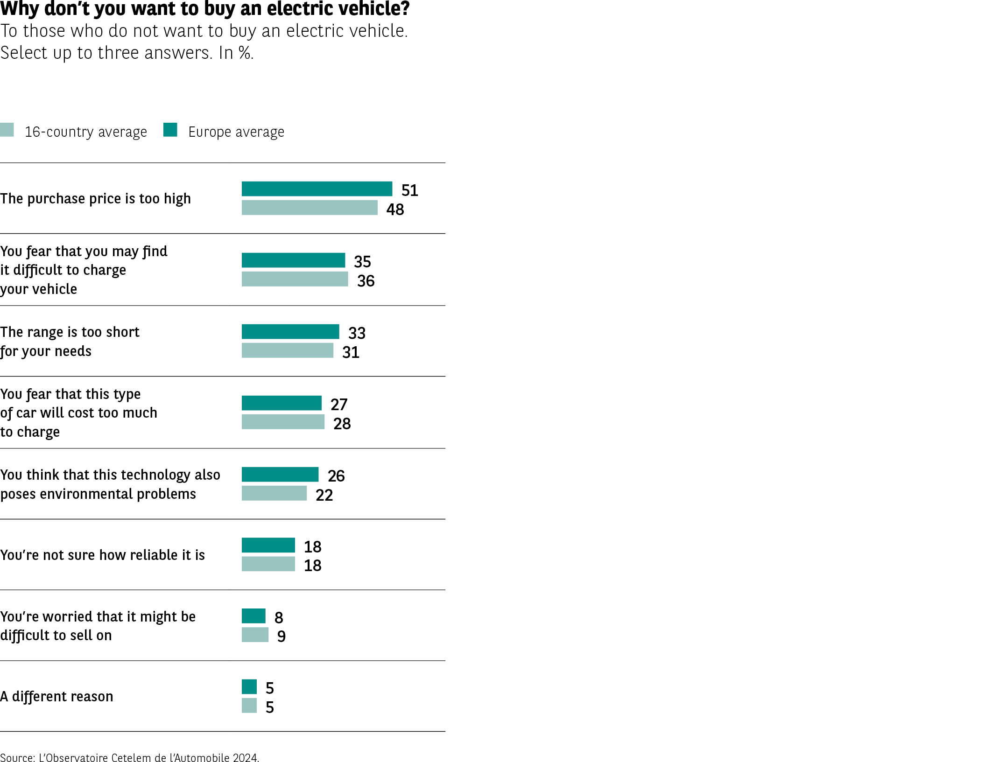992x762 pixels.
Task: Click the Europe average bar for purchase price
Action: pos(317,189)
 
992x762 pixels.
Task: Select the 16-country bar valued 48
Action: pos(309,208)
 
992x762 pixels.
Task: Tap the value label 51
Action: pos(409,190)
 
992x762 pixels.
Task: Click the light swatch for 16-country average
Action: pos(7,130)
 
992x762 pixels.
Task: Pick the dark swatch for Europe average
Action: pos(170,130)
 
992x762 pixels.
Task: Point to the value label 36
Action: pos(366,281)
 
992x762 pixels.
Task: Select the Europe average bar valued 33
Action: pos(290,332)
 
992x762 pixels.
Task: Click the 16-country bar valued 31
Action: pos(287,350)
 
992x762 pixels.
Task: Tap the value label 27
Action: pos(339,405)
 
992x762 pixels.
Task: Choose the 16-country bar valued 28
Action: pos(282,422)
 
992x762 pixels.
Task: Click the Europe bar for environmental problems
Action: pos(280,475)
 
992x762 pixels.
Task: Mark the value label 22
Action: pos(324,495)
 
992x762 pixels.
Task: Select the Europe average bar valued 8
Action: pos(253,616)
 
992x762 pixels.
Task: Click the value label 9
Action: pos(281,636)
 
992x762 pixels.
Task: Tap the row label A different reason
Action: pos(56,696)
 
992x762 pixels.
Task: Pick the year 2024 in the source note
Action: pos(246,758)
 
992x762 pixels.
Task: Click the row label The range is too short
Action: pos(70,332)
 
